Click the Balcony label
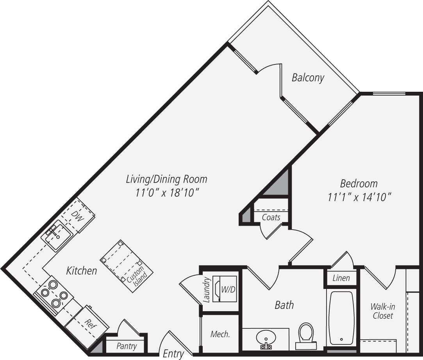(308, 78)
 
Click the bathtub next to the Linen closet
(341, 318)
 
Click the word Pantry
(127, 346)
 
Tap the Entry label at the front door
(173, 354)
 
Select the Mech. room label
(220, 334)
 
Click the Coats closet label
(271, 217)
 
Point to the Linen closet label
(341, 278)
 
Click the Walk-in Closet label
(382, 311)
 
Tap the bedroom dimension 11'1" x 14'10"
(359, 197)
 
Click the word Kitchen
(81, 270)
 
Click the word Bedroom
(359, 183)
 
